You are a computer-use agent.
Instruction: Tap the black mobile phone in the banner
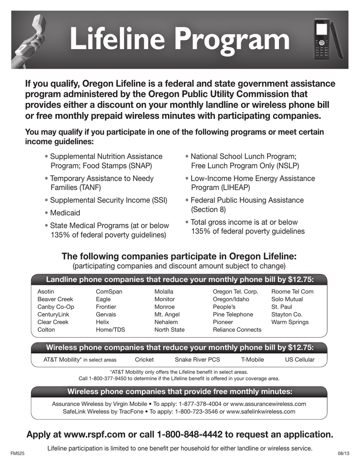click(322, 41)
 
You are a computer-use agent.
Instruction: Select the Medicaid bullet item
click(65, 213)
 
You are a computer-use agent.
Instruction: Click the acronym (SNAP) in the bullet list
click(139, 166)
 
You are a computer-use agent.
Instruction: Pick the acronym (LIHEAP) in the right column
click(239, 187)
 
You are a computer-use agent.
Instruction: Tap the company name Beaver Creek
click(55, 299)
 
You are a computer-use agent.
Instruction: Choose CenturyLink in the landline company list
click(53, 314)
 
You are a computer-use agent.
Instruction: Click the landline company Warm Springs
click(290, 322)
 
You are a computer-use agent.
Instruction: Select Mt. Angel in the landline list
click(167, 314)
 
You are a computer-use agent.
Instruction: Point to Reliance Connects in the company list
click(237, 330)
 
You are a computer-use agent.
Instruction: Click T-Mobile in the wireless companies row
click(253, 360)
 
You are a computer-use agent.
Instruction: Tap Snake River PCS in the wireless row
click(198, 360)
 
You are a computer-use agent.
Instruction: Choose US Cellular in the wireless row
click(299, 360)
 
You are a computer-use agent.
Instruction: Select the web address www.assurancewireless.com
click(268, 404)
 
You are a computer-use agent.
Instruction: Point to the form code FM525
click(17, 454)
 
